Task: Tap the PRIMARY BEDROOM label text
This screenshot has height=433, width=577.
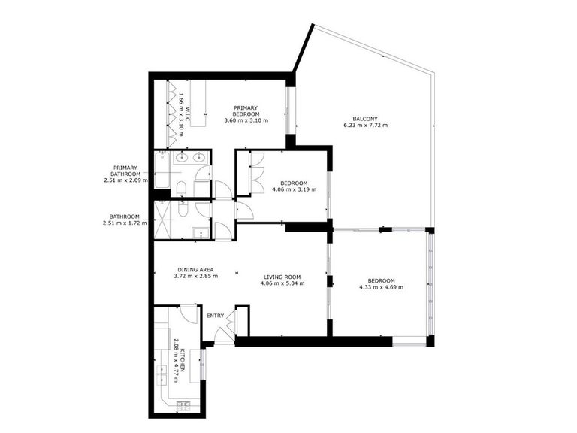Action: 246,111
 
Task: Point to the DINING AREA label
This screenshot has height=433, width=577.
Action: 195,269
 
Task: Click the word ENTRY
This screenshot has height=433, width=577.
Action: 216,316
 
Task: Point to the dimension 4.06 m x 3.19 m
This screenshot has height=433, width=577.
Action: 294,189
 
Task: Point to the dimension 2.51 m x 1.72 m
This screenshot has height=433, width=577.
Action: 125,223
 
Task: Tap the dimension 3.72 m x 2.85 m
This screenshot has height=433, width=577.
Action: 195,277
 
